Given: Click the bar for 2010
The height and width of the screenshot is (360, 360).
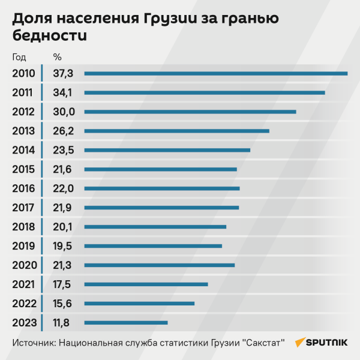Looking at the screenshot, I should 216,73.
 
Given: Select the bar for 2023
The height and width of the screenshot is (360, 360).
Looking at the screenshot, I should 126,323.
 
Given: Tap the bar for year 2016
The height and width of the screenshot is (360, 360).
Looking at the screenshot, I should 162,188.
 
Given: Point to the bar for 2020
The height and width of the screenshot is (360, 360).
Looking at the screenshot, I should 160,265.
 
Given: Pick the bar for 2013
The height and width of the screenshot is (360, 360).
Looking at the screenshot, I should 177,131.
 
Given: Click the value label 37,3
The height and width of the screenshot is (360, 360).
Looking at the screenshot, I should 63,73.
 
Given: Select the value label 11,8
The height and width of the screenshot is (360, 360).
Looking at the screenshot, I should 61,323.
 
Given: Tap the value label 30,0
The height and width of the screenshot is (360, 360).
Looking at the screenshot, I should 64,112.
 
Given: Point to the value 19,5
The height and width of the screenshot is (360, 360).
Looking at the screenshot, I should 62,246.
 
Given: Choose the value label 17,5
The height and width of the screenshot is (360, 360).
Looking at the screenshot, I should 62,284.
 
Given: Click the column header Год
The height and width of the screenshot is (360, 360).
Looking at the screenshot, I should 19,58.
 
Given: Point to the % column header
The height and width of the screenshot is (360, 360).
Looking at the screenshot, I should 58,58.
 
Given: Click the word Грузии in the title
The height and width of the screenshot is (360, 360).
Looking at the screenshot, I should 173,18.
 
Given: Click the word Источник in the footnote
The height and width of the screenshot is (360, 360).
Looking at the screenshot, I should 33,343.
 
